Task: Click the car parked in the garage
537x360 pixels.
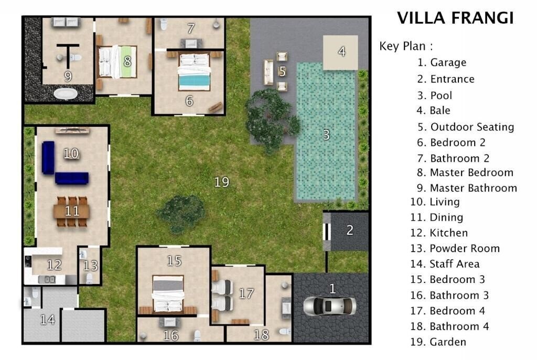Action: (x=329, y=306)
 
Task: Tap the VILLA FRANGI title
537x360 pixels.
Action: (x=455, y=18)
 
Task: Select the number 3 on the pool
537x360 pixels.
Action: (x=326, y=135)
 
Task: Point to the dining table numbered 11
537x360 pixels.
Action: (x=71, y=211)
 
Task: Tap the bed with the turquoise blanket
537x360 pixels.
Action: (x=194, y=72)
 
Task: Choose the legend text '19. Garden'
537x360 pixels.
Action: (x=438, y=342)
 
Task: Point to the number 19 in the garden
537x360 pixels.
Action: (x=222, y=182)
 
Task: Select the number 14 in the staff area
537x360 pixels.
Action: (x=47, y=319)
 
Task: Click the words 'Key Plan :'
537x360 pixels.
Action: (x=406, y=46)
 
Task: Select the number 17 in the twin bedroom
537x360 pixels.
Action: (x=246, y=293)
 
